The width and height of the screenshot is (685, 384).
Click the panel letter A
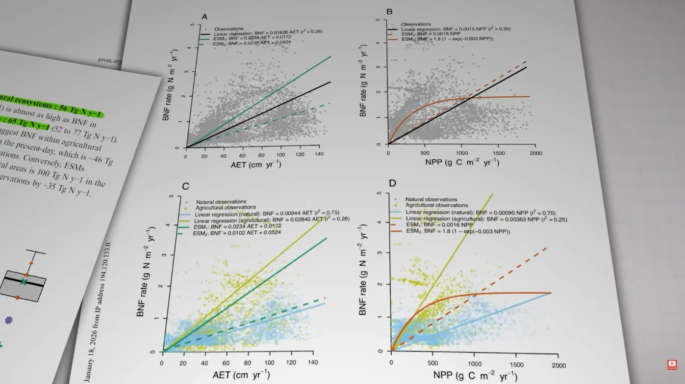coord(204,17)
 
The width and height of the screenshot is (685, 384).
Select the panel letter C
coord(185,186)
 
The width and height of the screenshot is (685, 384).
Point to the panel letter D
coord(392,184)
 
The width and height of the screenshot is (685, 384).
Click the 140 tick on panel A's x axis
coord(318,156)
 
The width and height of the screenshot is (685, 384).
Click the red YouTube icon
coord(672,364)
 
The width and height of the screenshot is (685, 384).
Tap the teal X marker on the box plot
coord(24,282)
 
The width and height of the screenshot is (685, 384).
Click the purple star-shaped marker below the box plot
coord(8,320)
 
